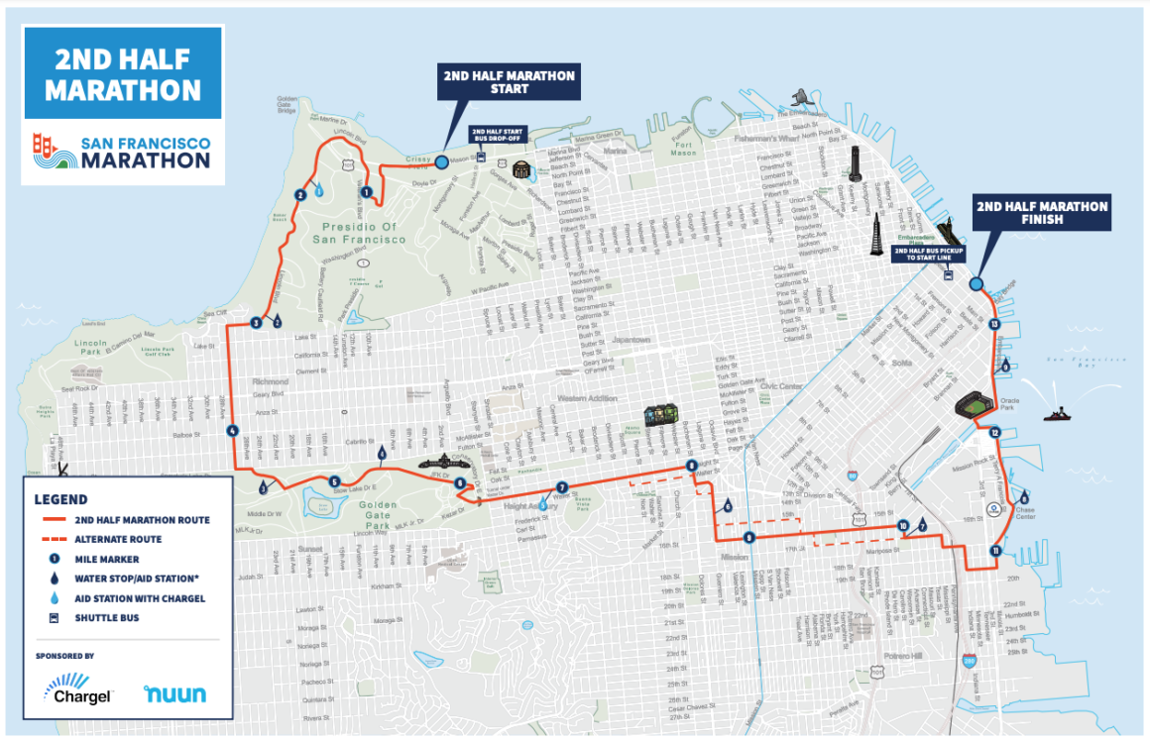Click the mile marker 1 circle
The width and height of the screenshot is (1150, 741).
click(366, 193)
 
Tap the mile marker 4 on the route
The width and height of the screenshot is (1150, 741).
click(232, 431)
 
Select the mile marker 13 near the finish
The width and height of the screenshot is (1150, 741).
click(994, 324)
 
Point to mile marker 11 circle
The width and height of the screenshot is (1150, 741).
click(994, 551)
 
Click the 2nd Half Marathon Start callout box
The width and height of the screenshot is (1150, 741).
click(508, 83)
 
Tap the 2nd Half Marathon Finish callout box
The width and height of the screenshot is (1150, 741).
click(1041, 212)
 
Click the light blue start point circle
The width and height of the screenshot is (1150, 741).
click(441, 160)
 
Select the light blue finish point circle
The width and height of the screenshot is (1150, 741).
click(976, 283)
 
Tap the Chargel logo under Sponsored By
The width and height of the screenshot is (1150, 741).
click(77, 688)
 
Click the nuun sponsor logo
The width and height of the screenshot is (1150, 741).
click(174, 692)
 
